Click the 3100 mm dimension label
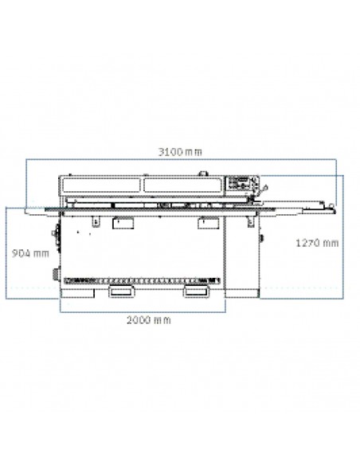pos(180,152)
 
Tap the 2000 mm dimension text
pos(149,320)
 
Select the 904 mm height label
pos(30,253)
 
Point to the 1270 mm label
pos(317,243)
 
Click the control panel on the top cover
pos(242,184)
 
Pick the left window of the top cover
pos(101,186)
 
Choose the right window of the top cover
pos(182,186)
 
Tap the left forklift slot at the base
pos(121,291)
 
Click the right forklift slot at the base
pos(195,291)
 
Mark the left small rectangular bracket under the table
pos(123,223)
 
